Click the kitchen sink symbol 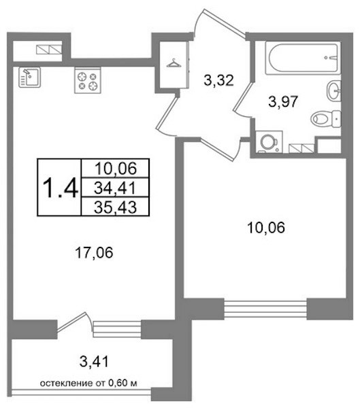29,77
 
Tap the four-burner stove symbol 88,80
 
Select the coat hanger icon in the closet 174,63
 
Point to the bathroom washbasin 333,90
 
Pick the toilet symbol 326,119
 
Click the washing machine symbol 269,141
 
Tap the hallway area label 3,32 218,80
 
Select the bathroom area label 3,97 283,101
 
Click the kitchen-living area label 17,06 94,253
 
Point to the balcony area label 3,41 94,362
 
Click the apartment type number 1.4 60,188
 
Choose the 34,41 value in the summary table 115,188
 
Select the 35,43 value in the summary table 115,207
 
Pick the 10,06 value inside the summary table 116,169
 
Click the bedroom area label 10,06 266,228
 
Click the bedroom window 265,309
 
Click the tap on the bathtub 331,58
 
